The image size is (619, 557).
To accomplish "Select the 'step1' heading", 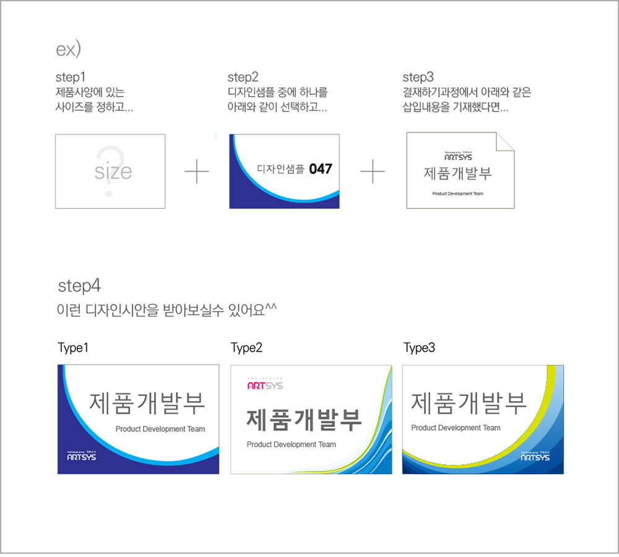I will coord(70,77).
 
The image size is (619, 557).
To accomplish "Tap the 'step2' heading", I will coord(243,77).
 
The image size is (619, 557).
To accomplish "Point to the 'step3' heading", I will coord(418,77).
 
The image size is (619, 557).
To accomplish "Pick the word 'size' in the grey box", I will coord(113,171).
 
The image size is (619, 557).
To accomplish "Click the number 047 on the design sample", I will coord(321,168).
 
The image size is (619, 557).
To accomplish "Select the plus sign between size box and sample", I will coord(197,171).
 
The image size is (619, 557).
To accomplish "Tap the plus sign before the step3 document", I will coord(373,171).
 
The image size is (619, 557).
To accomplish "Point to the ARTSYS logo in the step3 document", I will coord(458,157).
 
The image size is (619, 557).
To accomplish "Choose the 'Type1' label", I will coord(74,348).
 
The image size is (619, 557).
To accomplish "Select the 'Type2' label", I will coord(246,348).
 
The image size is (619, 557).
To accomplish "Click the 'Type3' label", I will coord(419,348).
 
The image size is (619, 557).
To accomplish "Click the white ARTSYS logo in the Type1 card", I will coord(81,457).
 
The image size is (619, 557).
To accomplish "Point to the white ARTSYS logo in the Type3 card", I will coord(535,457).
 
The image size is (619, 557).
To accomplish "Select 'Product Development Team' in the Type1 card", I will coord(160,429).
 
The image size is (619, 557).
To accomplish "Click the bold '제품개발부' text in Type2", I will coord(304,420).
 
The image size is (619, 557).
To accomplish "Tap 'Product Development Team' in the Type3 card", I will coord(456,428).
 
